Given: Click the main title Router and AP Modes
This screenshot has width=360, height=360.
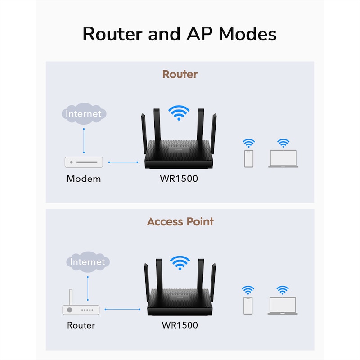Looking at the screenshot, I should point(180,34).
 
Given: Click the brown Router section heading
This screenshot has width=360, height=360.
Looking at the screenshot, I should point(180,74).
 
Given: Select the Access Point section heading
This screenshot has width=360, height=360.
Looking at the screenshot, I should point(180,221).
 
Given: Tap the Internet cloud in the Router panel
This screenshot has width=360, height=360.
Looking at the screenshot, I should point(84,113).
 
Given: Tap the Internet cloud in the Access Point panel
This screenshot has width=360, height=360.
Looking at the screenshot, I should point(87,261).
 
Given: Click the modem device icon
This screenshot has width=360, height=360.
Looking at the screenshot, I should point(84,162).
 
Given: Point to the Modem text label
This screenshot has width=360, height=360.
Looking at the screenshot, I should point(84,179).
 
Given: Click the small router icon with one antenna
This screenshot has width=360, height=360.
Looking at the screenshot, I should point(80,308).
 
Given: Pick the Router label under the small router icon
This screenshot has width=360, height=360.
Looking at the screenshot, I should point(81,325).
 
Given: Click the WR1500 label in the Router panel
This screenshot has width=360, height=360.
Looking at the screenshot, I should point(179,179).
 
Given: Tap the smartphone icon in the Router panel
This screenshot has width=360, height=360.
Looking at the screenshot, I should point(248,159).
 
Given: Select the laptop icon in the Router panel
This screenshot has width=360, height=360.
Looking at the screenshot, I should point(283,159).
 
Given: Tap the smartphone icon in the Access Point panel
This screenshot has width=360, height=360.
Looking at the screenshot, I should point(248,306).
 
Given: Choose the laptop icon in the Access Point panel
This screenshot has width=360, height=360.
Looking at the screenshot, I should point(282,306).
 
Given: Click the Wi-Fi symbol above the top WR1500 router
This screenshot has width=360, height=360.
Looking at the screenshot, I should point(179,112).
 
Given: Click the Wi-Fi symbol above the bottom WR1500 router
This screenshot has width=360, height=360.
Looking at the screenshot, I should point(180,261).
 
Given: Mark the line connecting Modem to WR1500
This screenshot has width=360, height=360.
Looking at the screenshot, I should point(123,162).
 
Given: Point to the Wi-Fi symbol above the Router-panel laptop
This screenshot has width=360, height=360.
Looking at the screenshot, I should point(283,144).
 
